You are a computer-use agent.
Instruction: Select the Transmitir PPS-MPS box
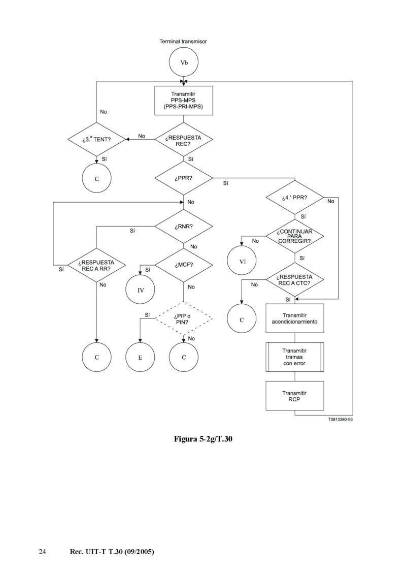point(183,101)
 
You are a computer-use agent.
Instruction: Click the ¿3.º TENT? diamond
point(96,139)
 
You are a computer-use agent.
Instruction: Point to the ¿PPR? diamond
point(183,178)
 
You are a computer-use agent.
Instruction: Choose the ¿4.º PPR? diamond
point(295,198)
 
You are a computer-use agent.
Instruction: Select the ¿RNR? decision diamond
point(183,227)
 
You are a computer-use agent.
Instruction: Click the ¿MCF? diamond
point(183,265)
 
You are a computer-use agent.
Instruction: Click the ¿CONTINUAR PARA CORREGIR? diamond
point(295,236)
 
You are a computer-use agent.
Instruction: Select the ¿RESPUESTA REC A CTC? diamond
point(295,279)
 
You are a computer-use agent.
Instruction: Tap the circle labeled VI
point(242,262)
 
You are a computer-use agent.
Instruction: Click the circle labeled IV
point(141,291)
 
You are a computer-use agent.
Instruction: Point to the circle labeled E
point(141,357)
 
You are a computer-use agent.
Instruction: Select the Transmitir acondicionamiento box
point(295,318)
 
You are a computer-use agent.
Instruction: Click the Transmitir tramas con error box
point(295,357)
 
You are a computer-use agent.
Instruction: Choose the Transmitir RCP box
point(295,396)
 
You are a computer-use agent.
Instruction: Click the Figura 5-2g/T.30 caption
point(203,438)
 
